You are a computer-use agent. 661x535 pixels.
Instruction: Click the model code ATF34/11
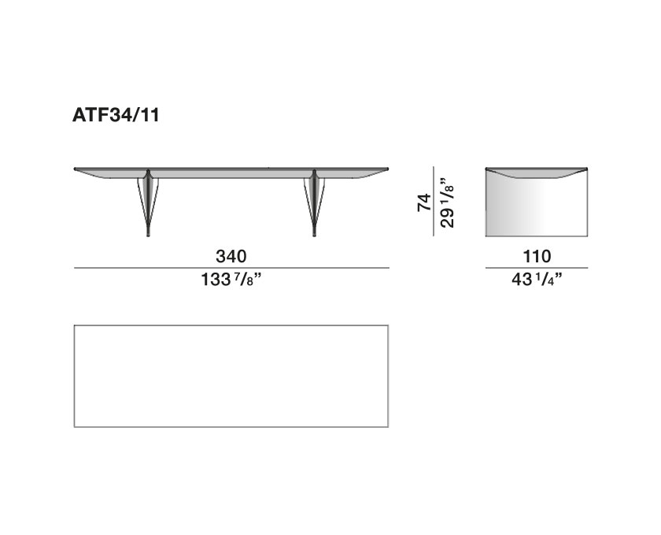click(x=117, y=116)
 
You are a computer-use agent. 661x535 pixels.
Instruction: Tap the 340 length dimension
click(x=231, y=256)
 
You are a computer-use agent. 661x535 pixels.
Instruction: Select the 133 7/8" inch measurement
click(x=231, y=280)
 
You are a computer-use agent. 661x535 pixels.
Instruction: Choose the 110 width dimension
click(x=537, y=256)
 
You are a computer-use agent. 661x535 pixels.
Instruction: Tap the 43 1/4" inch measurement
click(x=537, y=280)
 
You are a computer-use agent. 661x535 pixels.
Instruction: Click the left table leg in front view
click(x=148, y=201)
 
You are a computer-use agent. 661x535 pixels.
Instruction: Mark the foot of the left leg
click(x=148, y=232)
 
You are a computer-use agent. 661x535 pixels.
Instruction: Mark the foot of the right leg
click(x=315, y=232)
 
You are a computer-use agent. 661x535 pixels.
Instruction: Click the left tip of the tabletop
click(x=76, y=169)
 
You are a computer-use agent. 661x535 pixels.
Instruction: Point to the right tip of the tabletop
click(x=387, y=169)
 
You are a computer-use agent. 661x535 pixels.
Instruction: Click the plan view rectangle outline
click(x=231, y=325)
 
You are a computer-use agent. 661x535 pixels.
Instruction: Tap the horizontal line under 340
click(x=231, y=269)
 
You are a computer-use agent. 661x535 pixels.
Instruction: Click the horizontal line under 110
click(x=537, y=269)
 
